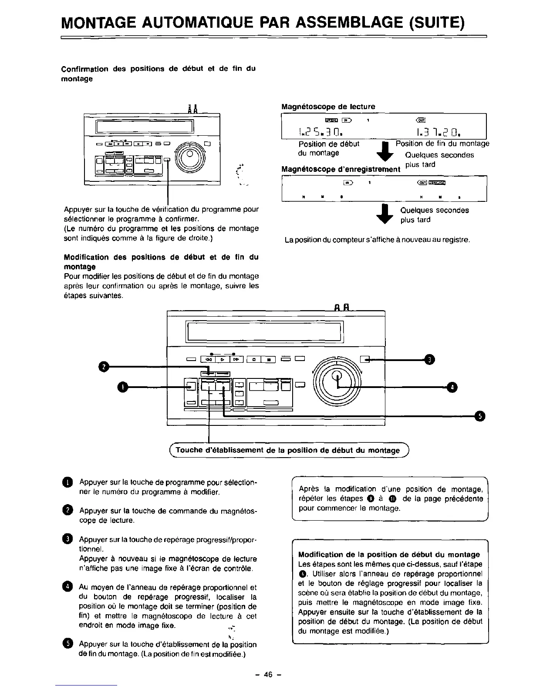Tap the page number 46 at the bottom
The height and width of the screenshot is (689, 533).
tap(267, 675)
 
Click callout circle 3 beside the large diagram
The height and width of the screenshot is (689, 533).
tap(430, 359)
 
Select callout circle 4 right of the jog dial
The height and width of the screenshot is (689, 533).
tap(452, 387)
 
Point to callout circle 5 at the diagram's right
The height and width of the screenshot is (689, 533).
tap(479, 416)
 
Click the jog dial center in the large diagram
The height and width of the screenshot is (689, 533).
tap(337, 379)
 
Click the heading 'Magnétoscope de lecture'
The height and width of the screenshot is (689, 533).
tap(328, 106)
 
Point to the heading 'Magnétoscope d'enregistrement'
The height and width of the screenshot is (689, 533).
tap(341, 169)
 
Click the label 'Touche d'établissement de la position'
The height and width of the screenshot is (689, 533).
tap(287, 451)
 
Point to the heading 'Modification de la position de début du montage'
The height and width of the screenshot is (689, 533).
tap(389, 555)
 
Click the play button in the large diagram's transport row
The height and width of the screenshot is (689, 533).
tap(222, 359)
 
